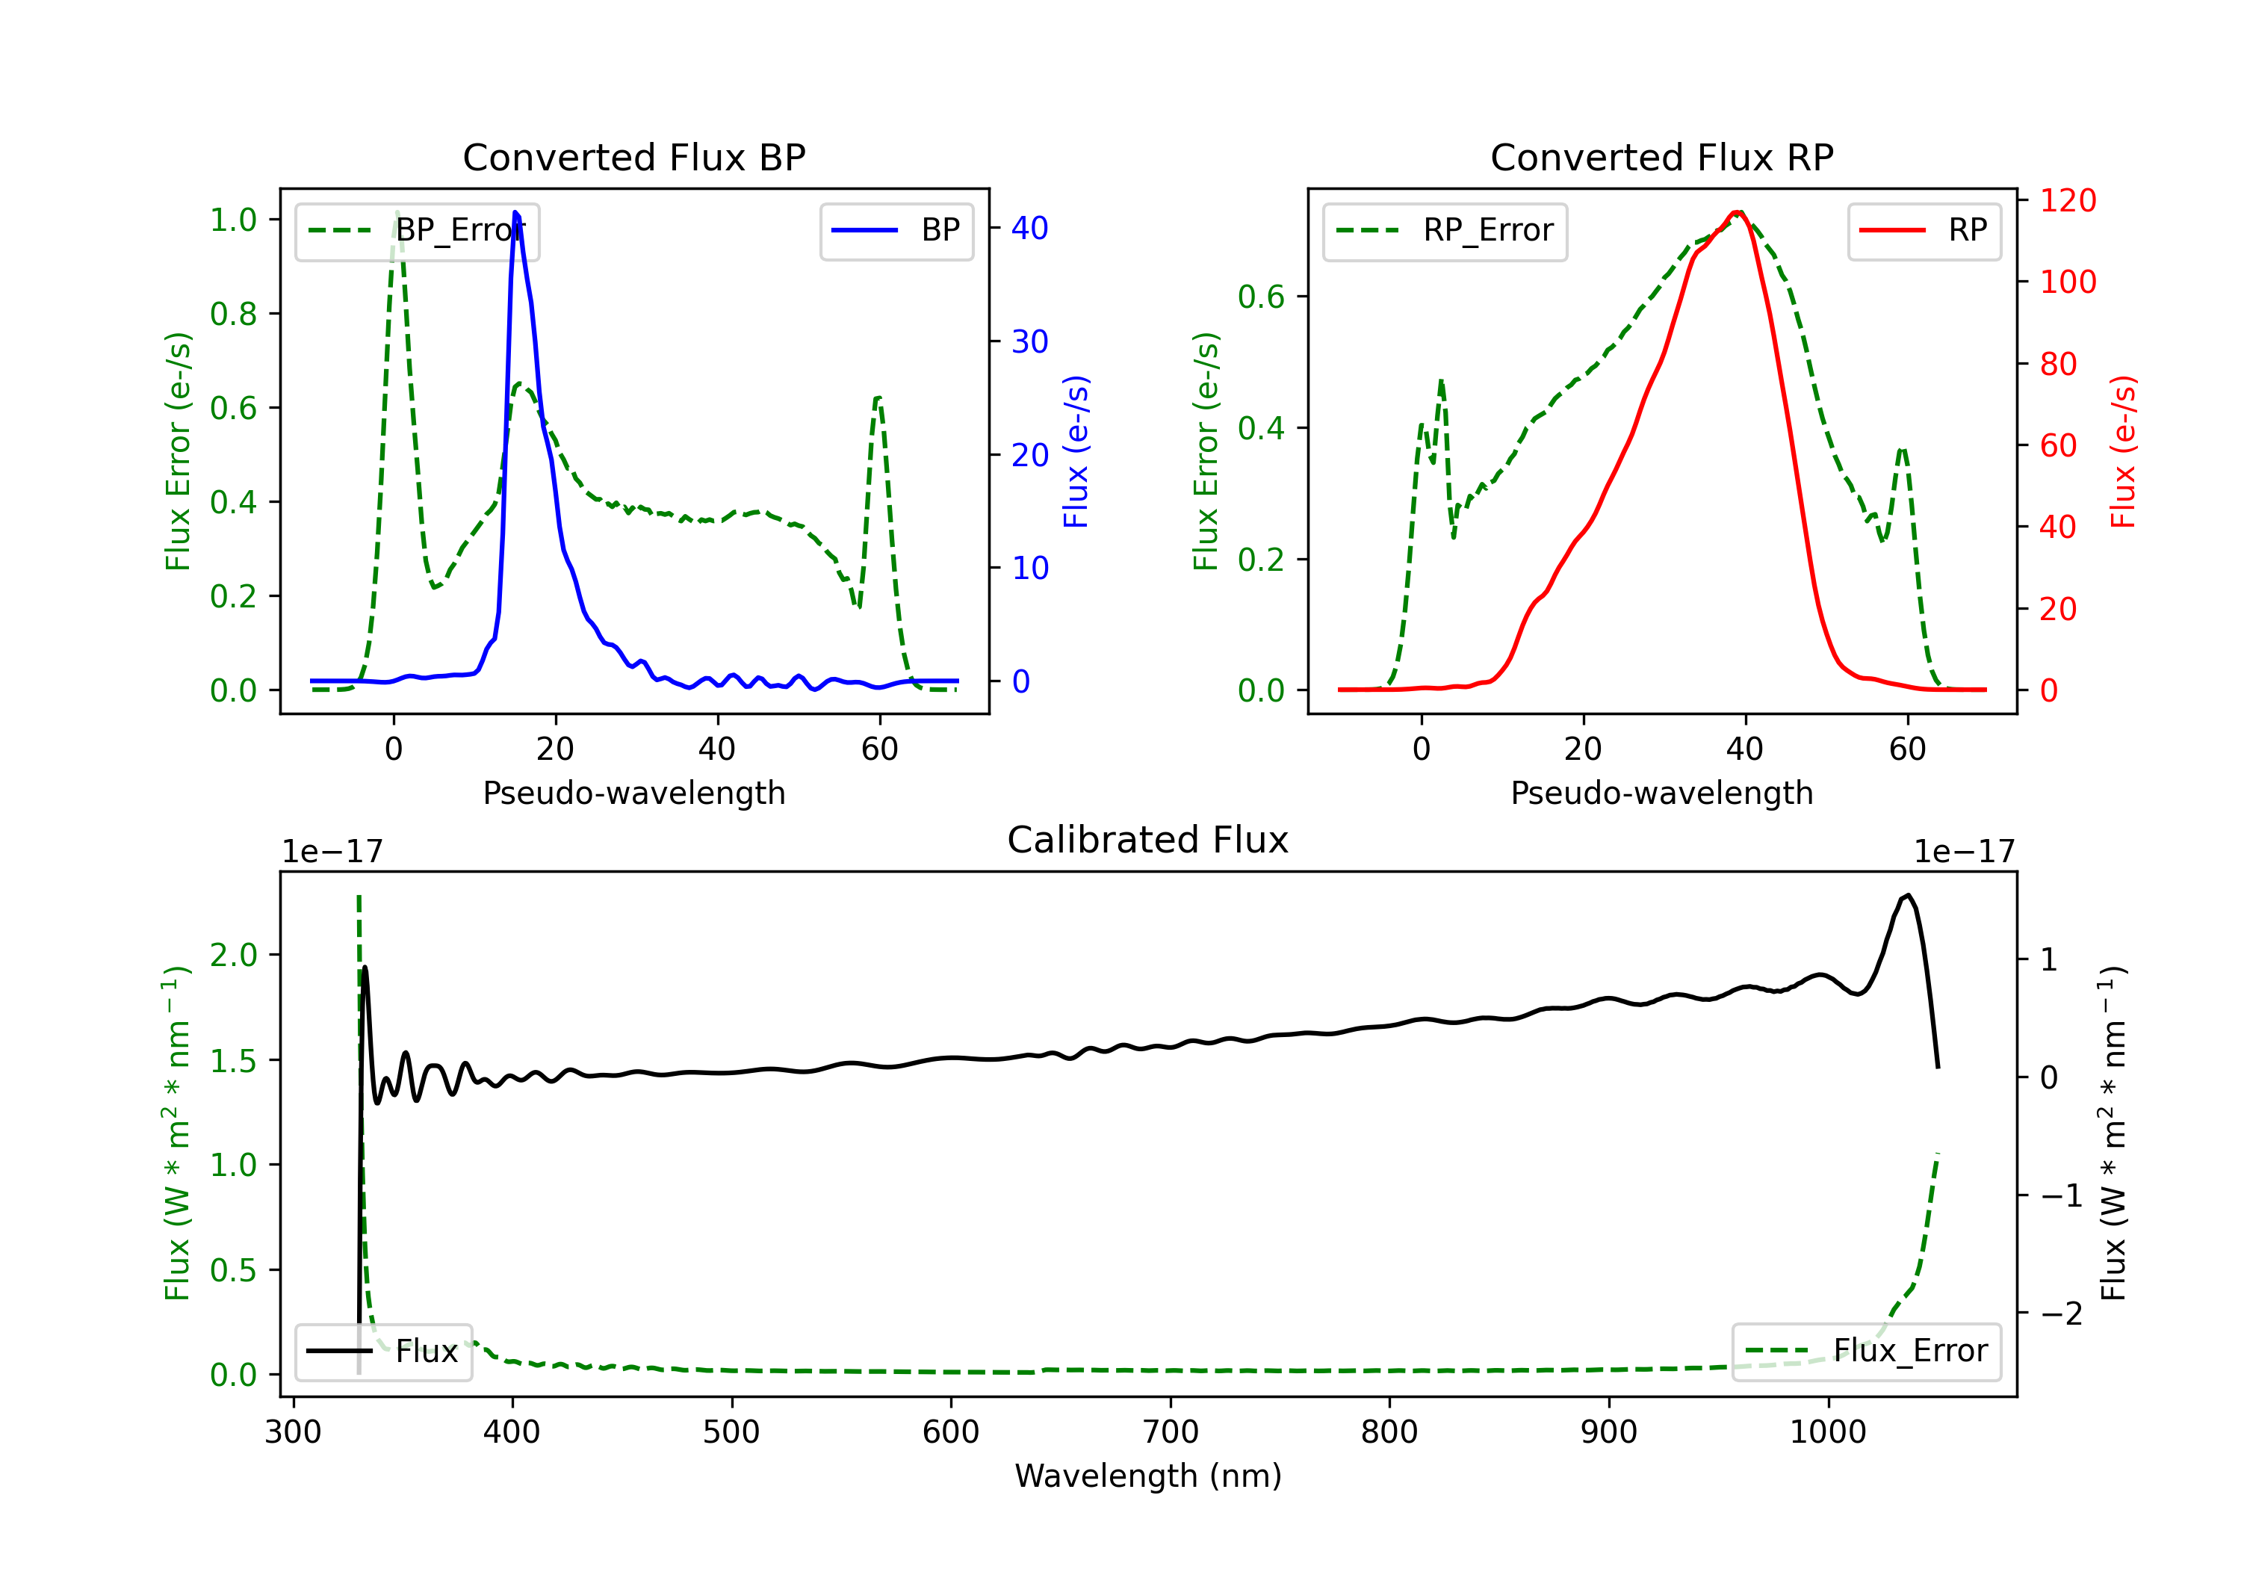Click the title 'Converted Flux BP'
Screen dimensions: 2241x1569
point(633,157)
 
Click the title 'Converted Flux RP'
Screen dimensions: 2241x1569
point(1661,157)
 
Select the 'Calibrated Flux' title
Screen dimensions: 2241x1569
point(1148,840)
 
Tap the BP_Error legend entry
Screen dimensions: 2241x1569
point(417,232)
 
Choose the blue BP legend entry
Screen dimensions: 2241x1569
point(896,232)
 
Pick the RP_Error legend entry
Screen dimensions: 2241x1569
point(1445,232)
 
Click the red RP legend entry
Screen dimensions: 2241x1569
point(1924,232)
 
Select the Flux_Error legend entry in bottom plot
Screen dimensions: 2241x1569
point(1866,1352)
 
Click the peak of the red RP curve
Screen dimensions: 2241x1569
point(1738,212)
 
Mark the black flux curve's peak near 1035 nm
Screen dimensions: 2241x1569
point(1907,894)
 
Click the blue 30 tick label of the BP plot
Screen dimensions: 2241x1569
point(1029,341)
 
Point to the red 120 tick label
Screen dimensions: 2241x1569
point(2068,200)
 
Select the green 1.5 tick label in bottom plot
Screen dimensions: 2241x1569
point(235,1060)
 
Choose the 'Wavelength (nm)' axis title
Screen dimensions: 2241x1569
point(1148,1476)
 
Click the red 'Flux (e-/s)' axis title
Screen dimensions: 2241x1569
point(2124,452)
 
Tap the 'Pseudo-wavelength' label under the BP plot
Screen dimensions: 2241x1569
point(634,793)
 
